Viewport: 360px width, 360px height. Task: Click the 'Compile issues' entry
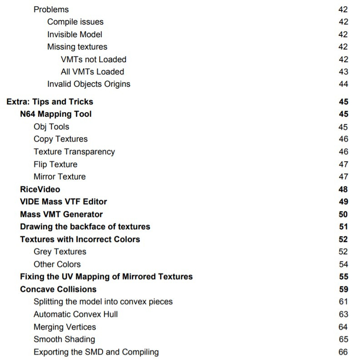coord(75,22)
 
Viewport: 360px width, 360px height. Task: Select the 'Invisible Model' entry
coord(74,35)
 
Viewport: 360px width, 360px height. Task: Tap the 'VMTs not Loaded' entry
coord(94,59)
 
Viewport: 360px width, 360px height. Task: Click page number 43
coord(343,72)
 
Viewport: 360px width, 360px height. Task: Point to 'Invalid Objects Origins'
coord(89,84)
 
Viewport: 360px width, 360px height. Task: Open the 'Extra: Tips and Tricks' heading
coord(50,102)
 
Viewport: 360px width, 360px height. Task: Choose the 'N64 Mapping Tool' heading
coord(56,114)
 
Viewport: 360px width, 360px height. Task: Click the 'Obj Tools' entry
coord(51,127)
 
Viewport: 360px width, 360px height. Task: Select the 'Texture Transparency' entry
coord(74,152)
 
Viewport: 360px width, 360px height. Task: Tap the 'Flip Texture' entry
coord(55,164)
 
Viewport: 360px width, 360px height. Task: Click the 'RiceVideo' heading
coord(40,189)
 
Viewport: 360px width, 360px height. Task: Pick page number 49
coord(343,202)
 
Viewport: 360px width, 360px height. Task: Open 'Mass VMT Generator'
coord(61,214)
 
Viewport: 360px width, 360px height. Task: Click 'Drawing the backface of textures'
coord(85,227)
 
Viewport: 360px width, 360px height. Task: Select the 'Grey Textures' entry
coord(59,252)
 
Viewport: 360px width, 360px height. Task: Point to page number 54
coord(343,264)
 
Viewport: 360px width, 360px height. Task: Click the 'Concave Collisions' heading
coord(58,289)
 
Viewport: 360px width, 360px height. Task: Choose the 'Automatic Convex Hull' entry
coord(75,314)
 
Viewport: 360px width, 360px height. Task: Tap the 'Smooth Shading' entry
coord(64,339)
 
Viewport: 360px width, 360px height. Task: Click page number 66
coord(343,352)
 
